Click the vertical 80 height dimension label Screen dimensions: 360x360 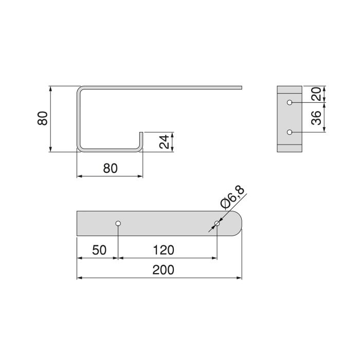pyautogui.click(x=43, y=119)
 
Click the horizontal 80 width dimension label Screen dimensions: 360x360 pyautogui.click(x=110, y=168)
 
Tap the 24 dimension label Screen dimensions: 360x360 pyautogui.click(x=164, y=142)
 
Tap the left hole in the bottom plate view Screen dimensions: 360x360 pyautogui.click(x=118, y=223)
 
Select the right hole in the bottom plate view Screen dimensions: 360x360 pyautogui.click(x=217, y=223)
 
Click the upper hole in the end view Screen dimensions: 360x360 pyautogui.click(x=290, y=102)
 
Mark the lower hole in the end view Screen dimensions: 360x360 pyautogui.click(x=290, y=132)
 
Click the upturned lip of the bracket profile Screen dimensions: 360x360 pyautogui.click(x=141, y=140)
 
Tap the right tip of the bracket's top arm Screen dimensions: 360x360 pyautogui.click(x=240, y=87)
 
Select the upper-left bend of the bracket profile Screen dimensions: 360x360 pyautogui.click(x=80, y=91)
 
